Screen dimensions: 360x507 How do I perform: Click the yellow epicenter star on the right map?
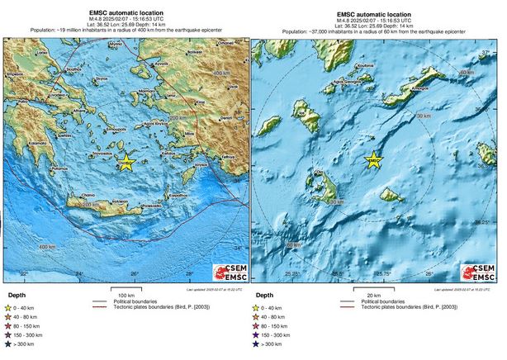374,161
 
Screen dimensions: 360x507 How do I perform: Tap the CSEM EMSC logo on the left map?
228,272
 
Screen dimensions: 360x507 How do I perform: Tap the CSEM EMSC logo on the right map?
481,272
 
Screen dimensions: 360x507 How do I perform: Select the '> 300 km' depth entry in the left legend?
25,353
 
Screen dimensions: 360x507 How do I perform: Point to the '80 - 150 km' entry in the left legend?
28,330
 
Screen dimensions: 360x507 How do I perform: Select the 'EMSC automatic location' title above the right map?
374,14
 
